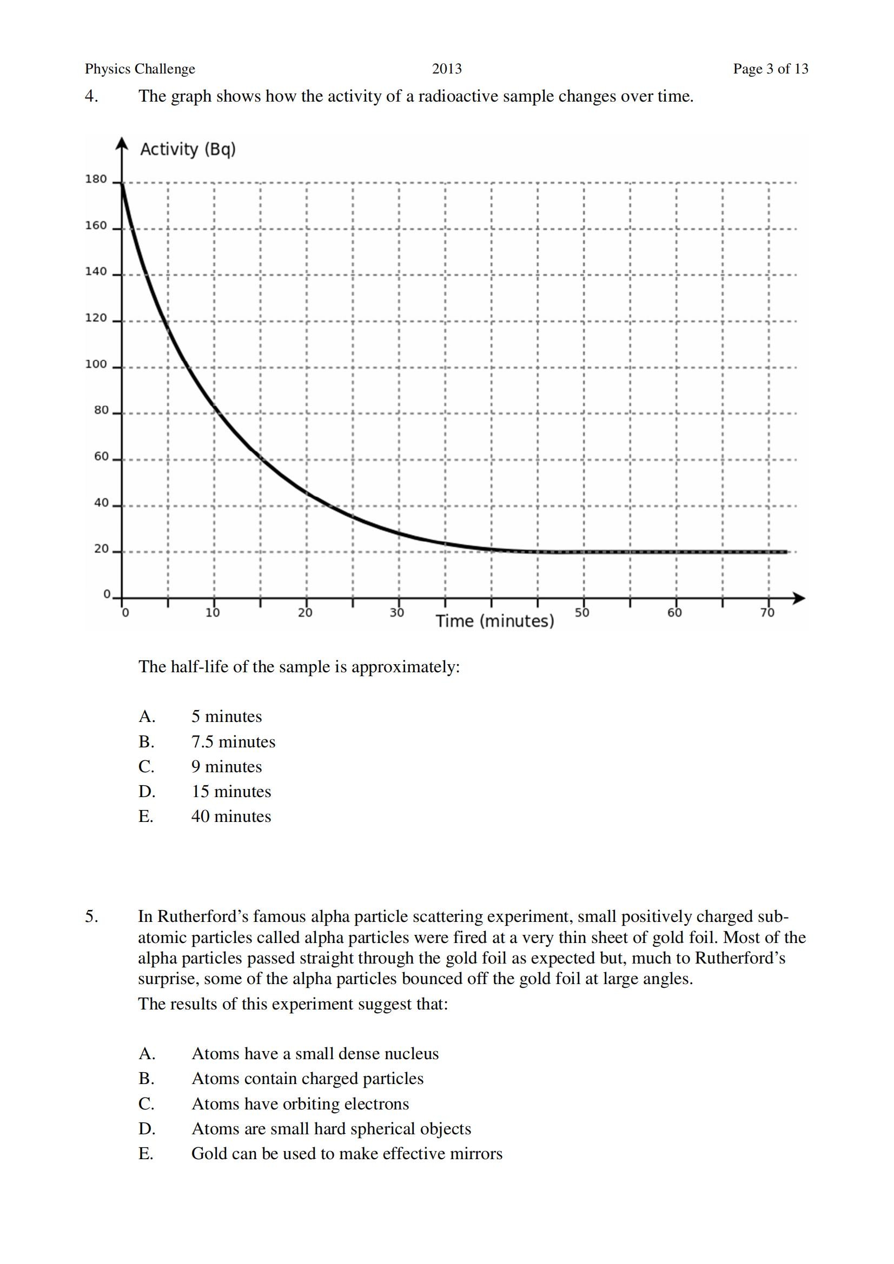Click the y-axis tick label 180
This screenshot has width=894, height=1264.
tap(96, 179)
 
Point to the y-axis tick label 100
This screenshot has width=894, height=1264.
tap(96, 364)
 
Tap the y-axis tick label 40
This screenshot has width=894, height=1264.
tap(101, 503)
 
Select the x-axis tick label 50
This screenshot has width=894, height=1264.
tap(582, 613)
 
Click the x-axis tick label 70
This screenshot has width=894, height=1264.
tap(767, 613)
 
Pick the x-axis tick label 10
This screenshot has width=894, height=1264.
tap(213, 613)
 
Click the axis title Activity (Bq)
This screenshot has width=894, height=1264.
tap(188, 149)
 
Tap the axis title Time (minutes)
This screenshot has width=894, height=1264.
tap(495, 621)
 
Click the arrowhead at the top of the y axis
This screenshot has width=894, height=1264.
tap(122, 143)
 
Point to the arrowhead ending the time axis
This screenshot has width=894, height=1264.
tap(798, 598)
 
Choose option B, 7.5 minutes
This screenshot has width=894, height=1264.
tap(233, 741)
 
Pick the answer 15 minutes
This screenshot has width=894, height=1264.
tap(231, 791)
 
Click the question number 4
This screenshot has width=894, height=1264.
tap(91, 96)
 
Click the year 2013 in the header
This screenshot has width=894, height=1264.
tap(447, 69)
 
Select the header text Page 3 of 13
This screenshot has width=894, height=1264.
tap(770, 69)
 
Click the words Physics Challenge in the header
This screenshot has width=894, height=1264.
tap(140, 69)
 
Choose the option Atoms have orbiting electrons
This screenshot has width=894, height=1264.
tap(300, 1104)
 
